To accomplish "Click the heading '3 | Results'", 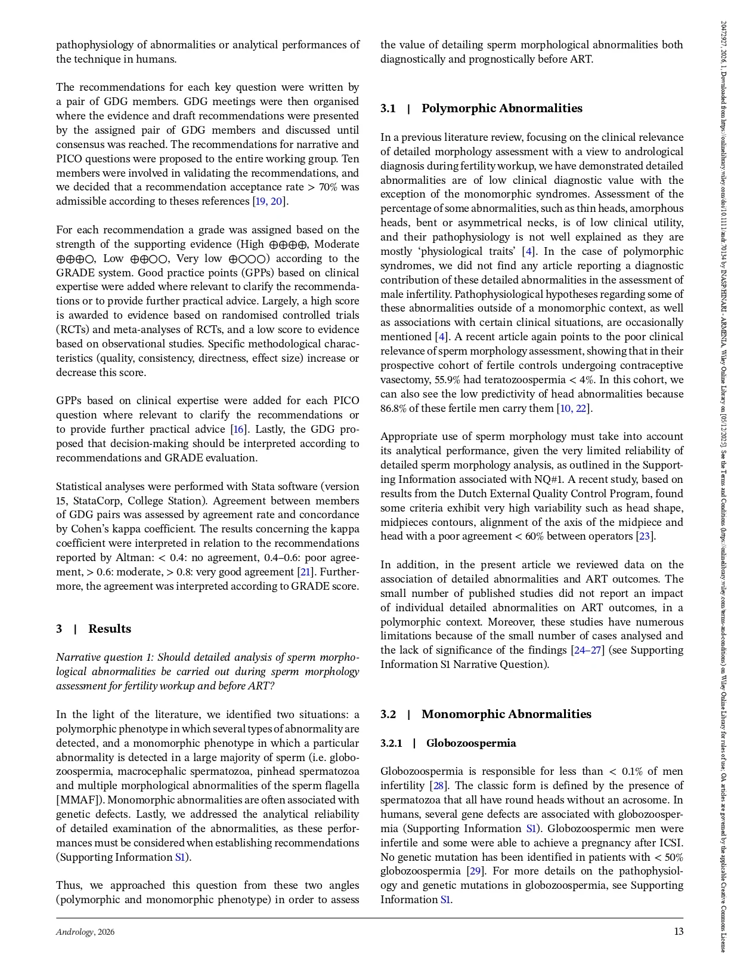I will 94,629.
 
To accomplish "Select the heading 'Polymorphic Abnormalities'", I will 501,108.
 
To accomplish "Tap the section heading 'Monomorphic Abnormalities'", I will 506,714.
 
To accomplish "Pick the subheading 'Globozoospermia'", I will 471,743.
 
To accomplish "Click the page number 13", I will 679,931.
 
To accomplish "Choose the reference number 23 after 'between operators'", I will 644,536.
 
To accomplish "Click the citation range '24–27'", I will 588,650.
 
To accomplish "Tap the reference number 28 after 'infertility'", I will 438,786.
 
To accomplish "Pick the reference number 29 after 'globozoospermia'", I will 475,871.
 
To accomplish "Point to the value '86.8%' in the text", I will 393,408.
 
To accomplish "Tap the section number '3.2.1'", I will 391,743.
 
